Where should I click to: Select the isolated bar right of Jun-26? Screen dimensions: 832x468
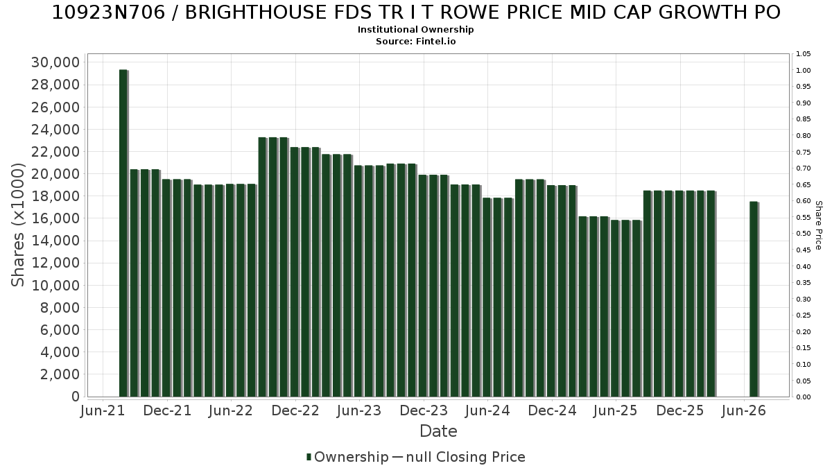click(x=754, y=299)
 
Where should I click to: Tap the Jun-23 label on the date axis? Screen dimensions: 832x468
click(x=359, y=410)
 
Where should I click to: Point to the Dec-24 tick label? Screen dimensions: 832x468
click(x=552, y=410)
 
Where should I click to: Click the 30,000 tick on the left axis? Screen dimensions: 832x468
click(x=55, y=62)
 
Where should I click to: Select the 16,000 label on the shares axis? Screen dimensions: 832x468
click(x=55, y=218)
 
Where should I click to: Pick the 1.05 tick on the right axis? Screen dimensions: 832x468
click(x=804, y=54)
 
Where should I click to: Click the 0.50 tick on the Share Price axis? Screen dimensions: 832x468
click(x=804, y=234)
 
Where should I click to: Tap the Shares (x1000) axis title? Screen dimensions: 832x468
click(x=17, y=225)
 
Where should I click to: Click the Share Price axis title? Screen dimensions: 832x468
click(x=818, y=225)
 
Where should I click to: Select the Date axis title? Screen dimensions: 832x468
click(x=438, y=431)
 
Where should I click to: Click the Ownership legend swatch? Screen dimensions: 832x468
click(x=309, y=457)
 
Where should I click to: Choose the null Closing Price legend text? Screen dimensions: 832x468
click(x=466, y=457)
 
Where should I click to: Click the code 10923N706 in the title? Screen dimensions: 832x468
click(x=108, y=12)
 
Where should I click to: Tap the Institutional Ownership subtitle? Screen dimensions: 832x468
click(x=415, y=30)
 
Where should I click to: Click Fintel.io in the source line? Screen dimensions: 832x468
click(x=435, y=41)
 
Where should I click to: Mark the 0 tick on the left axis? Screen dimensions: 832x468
click(x=76, y=397)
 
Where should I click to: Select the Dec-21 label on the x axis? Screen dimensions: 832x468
click(x=167, y=410)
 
